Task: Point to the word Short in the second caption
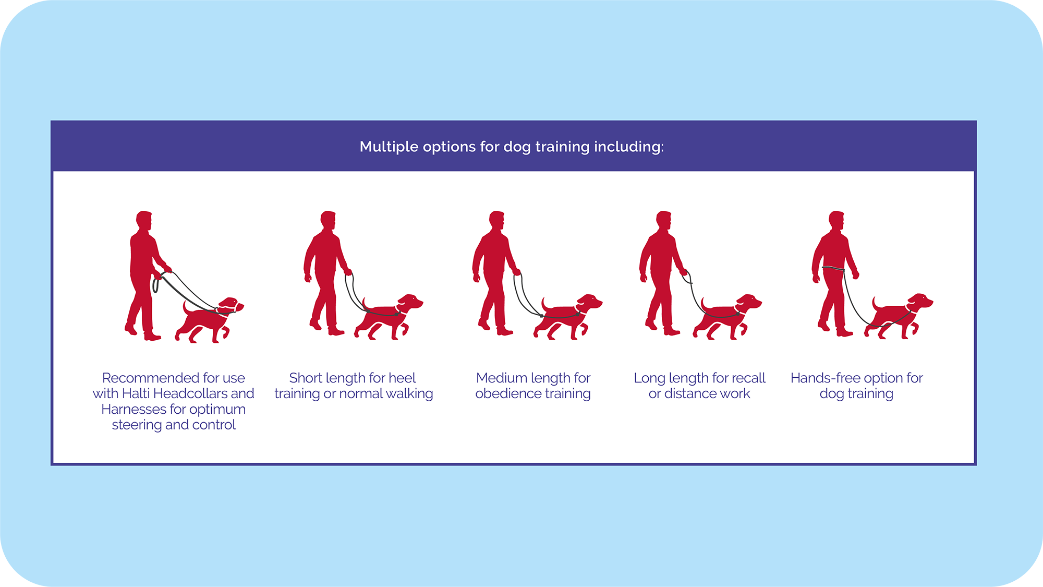[306, 378]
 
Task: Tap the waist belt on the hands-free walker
[833, 269]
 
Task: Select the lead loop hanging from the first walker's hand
[155, 285]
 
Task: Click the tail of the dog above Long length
[705, 305]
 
